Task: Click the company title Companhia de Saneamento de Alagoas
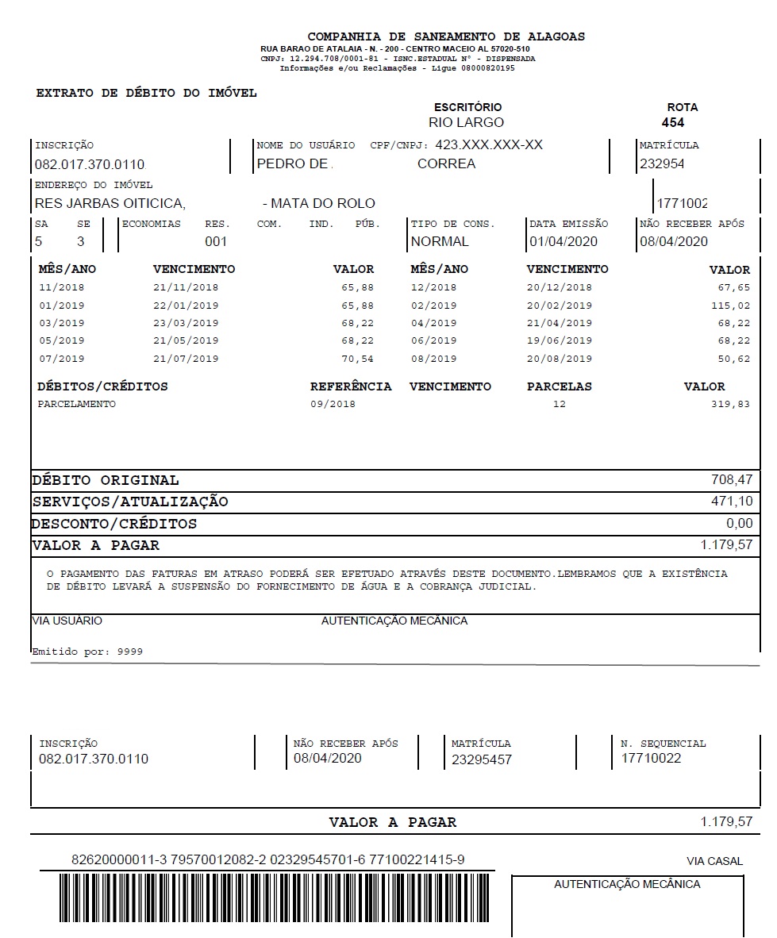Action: [x=446, y=37]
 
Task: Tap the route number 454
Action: [x=672, y=123]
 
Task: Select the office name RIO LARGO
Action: [x=466, y=123]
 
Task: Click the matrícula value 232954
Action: [x=661, y=164]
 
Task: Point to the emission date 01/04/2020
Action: [x=564, y=242]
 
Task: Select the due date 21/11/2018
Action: [x=186, y=288]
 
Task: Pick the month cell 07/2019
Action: [x=61, y=359]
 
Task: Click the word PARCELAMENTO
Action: [x=76, y=404]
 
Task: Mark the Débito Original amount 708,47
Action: [x=732, y=479]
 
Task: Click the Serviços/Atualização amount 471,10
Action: [x=732, y=502]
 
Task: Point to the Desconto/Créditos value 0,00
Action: [x=739, y=524]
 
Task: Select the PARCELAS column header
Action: [x=559, y=386]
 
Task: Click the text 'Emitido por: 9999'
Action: [x=87, y=652]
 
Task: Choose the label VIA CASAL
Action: [x=714, y=861]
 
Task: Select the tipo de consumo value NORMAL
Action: [x=440, y=242]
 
